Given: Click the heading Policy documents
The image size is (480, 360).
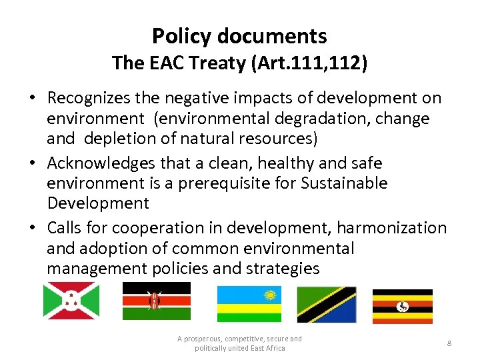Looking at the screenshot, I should pos(239,36).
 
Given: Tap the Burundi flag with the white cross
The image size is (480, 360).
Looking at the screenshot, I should pos(71,301).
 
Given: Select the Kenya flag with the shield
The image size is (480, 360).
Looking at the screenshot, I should pos(156,301).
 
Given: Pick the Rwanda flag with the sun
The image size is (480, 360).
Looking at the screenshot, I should pos(249,303).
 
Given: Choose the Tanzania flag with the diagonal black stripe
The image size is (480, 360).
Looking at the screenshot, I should pos(327,305).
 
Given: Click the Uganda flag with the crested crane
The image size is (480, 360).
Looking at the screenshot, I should pos(402,306).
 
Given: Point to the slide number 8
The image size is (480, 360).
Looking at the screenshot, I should pos(449,343).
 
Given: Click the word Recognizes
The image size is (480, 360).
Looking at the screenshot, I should pos(94,98).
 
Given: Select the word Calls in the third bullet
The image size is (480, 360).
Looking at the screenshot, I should pos(65,227).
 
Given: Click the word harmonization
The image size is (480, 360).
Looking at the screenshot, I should pos(391,227).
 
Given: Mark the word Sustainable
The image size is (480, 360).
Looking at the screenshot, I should pos(346,183).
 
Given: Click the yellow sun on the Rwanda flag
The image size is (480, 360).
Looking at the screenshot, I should pos(270,295).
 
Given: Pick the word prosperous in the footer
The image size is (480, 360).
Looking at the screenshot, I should pos(203,339).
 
